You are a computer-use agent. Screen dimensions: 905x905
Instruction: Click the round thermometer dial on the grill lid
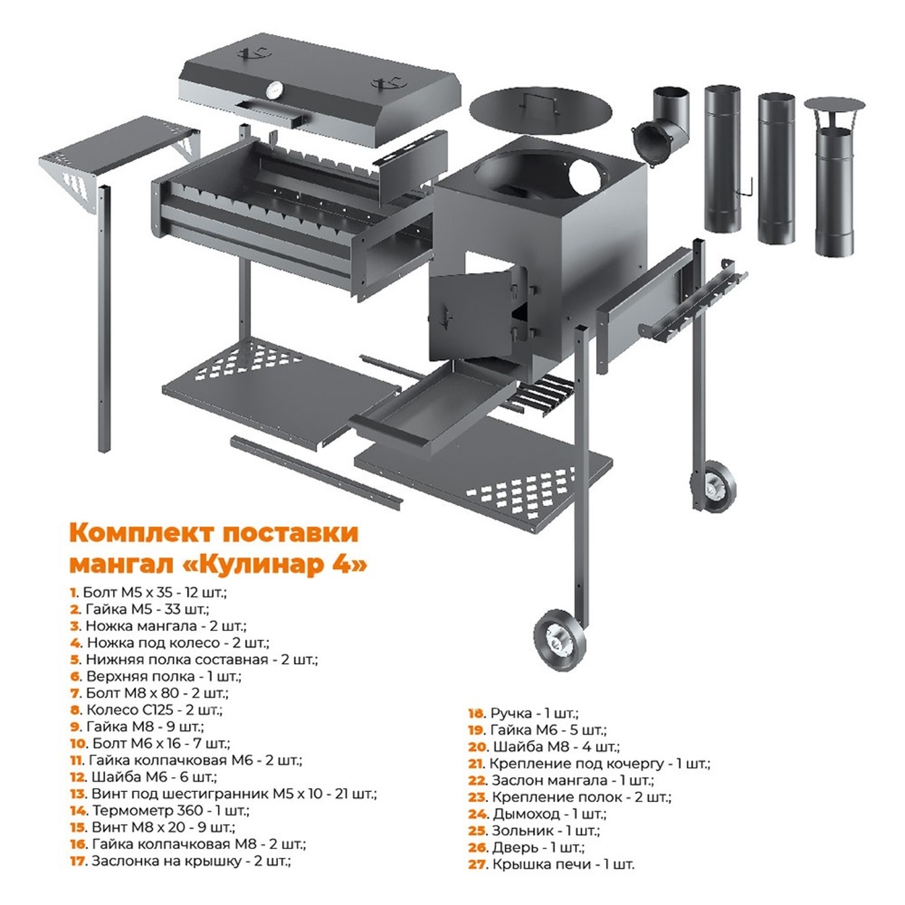pyautogui.click(x=275, y=90)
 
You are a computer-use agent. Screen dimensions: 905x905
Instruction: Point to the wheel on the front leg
pyautogui.click(x=558, y=640)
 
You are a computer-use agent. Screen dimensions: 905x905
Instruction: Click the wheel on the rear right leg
pyautogui.click(x=713, y=485)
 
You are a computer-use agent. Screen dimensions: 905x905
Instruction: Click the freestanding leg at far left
pyautogui.click(x=104, y=319)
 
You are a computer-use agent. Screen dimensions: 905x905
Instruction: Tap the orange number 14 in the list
pyautogui.click(x=79, y=811)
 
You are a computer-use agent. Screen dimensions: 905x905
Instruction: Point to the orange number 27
pyautogui.click(x=478, y=864)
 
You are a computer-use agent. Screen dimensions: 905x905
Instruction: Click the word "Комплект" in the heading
pyautogui.click(x=142, y=532)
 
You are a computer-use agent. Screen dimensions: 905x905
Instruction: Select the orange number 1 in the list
pyautogui.click(x=73, y=593)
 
